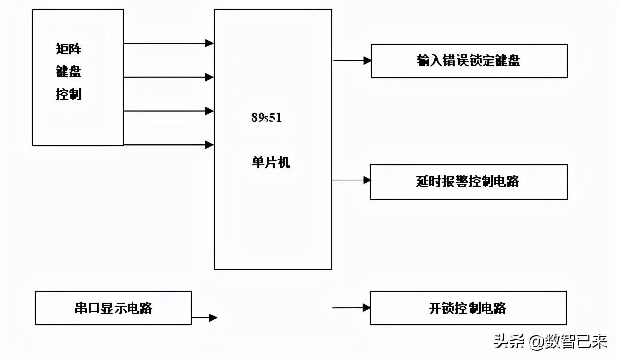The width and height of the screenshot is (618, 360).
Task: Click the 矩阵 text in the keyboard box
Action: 69,49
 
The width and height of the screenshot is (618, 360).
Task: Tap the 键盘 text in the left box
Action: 69,72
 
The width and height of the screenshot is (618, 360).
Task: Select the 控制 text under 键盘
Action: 69,94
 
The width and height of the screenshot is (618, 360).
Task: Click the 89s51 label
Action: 266,118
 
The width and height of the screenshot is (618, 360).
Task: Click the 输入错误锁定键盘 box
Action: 469,61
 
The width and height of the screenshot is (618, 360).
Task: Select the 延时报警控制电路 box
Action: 468,181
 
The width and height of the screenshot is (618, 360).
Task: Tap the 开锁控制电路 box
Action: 468,308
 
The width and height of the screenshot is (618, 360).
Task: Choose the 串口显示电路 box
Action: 113,308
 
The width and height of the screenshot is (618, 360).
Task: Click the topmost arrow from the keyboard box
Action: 168,43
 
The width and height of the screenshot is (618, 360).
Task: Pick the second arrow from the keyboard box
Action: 168,77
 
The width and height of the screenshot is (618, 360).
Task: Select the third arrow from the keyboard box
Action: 168,111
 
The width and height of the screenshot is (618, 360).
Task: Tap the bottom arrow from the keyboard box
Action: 168,145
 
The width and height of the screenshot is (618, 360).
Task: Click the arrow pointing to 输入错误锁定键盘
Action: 352,61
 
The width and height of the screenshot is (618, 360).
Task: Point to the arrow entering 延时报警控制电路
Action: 352,180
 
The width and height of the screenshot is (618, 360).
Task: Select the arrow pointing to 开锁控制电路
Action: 351,308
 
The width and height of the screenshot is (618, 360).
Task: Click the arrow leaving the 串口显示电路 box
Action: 204,317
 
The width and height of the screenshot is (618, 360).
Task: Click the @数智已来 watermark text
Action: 569,341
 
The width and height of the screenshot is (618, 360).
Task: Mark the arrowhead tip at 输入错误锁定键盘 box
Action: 371,61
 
